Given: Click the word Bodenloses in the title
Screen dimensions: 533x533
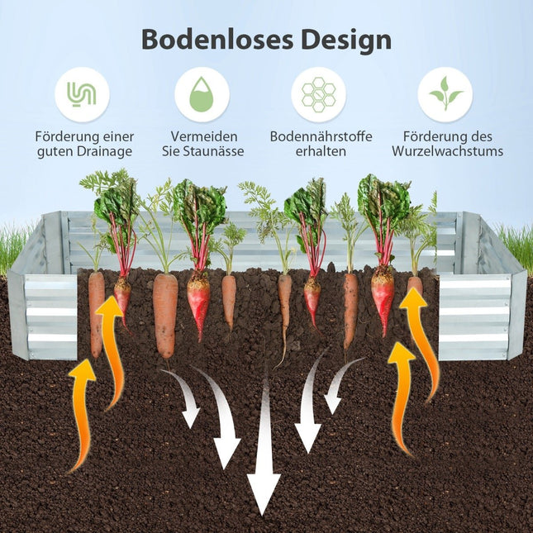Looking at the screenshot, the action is pyautogui.click(x=217, y=40).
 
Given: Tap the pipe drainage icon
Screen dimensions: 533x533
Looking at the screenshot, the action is pyautogui.click(x=82, y=94).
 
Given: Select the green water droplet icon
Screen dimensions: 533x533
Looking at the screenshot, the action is pyautogui.click(x=202, y=94).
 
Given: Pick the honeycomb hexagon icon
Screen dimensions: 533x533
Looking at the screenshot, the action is pyautogui.click(x=318, y=94).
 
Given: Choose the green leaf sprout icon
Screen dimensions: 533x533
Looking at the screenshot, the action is pyautogui.click(x=445, y=93).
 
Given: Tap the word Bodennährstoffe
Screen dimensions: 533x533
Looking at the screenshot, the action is pyautogui.click(x=321, y=136).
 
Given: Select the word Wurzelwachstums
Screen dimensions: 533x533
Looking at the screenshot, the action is pyautogui.click(x=447, y=151).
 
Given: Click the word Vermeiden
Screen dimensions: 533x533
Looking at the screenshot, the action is pyautogui.click(x=204, y=136).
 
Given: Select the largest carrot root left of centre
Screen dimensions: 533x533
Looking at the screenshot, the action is pyautogui.click(x=165, y=316).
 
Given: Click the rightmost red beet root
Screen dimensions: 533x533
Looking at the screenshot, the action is pyautogui.click(x=383, y=301).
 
